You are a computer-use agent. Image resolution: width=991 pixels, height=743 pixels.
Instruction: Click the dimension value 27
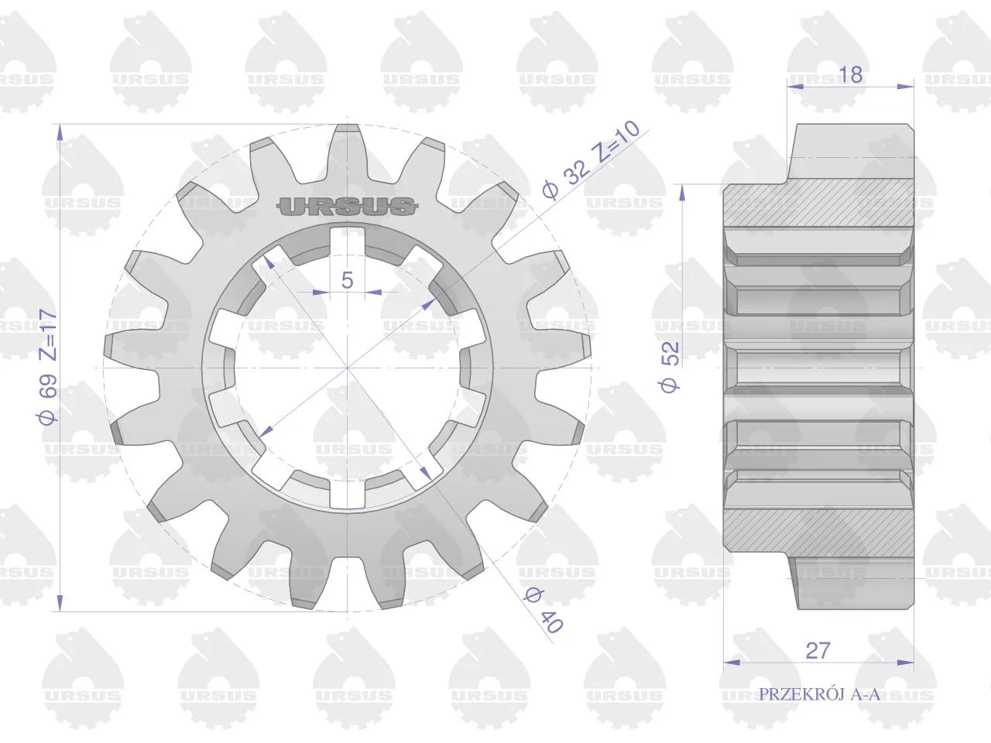tap(818, 650)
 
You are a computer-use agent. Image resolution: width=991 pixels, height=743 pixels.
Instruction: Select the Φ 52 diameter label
tap(670, 367)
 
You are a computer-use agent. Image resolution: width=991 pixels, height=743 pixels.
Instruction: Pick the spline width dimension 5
tap(347, 280)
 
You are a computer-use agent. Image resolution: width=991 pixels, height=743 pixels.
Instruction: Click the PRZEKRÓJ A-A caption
tap(819, 693)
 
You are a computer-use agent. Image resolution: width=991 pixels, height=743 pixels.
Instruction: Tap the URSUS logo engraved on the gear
tap(347, 207)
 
